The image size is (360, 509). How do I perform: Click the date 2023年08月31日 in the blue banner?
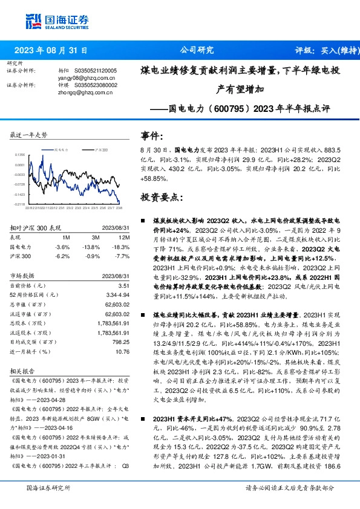point(51,51)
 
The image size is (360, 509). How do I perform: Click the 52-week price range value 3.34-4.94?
point(118,293)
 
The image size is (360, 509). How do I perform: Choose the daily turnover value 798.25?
point(121,342)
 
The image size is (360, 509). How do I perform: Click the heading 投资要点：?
point(161,197)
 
